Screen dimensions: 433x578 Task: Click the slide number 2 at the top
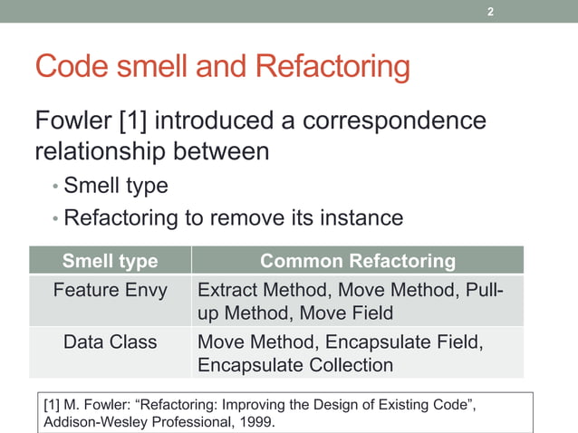point(490,12)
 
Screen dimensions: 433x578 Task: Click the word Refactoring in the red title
point(332,66)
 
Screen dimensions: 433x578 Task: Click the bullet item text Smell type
point(116,187)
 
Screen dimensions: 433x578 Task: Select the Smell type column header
point(110,262)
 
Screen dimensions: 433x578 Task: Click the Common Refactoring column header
point(358,262)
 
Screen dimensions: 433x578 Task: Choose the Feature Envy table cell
point(110,291)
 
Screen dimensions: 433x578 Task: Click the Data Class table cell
point(110,342)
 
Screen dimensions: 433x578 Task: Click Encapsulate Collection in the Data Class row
point(295,365)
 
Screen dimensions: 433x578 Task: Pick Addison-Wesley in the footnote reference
point(96,422)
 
